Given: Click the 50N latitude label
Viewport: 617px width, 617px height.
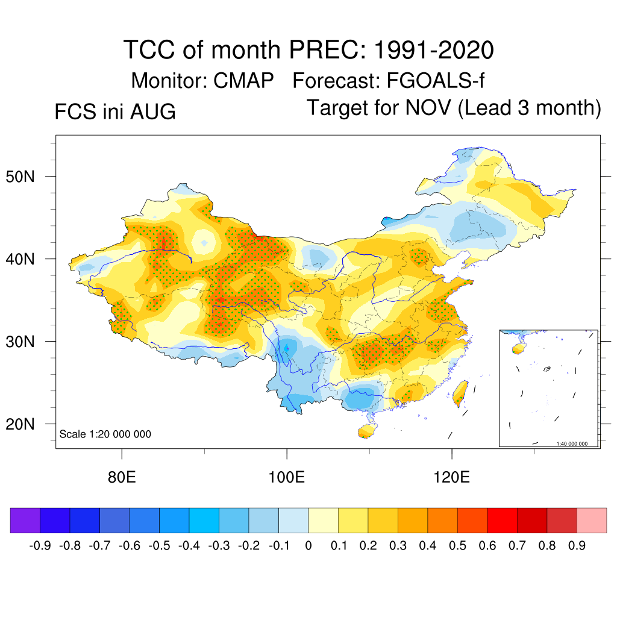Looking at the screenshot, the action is tap(20, 177).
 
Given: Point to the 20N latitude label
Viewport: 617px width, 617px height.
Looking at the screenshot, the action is tap(20, 424).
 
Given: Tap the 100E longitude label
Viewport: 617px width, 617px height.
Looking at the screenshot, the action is tap(286, 477).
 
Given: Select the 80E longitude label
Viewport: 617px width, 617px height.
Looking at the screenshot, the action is tap(122, 477).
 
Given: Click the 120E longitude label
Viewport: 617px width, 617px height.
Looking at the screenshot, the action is tap(451, 477).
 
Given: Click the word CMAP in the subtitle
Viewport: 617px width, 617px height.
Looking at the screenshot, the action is tap(243, 81).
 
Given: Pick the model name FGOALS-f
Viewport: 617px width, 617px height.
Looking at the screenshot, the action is tap(436, 81).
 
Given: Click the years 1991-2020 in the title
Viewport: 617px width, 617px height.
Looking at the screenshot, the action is tap(434, 50).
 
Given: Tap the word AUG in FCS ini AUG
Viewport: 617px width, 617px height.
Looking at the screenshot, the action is tap(152, 111).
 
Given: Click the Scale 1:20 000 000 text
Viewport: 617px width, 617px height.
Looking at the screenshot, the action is tap(105, 434).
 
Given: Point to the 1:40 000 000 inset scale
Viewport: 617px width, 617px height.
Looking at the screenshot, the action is tap(572, 444).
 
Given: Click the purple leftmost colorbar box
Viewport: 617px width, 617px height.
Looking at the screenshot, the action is tap(25, 520).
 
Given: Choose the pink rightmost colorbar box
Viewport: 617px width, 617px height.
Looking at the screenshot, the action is tap(592, 520).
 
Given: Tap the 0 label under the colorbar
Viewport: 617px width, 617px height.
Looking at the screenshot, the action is tap(308, 545).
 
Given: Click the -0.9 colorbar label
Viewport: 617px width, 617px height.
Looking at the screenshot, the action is tap(40, 545).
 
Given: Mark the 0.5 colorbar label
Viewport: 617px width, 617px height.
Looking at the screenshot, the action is tap(458, 545).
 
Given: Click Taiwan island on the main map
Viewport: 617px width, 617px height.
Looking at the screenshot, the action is tap(460, 394).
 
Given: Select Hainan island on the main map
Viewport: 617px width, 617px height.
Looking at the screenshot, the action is tap(367, 430).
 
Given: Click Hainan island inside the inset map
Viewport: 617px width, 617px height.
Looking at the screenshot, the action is tap(519, 349).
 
